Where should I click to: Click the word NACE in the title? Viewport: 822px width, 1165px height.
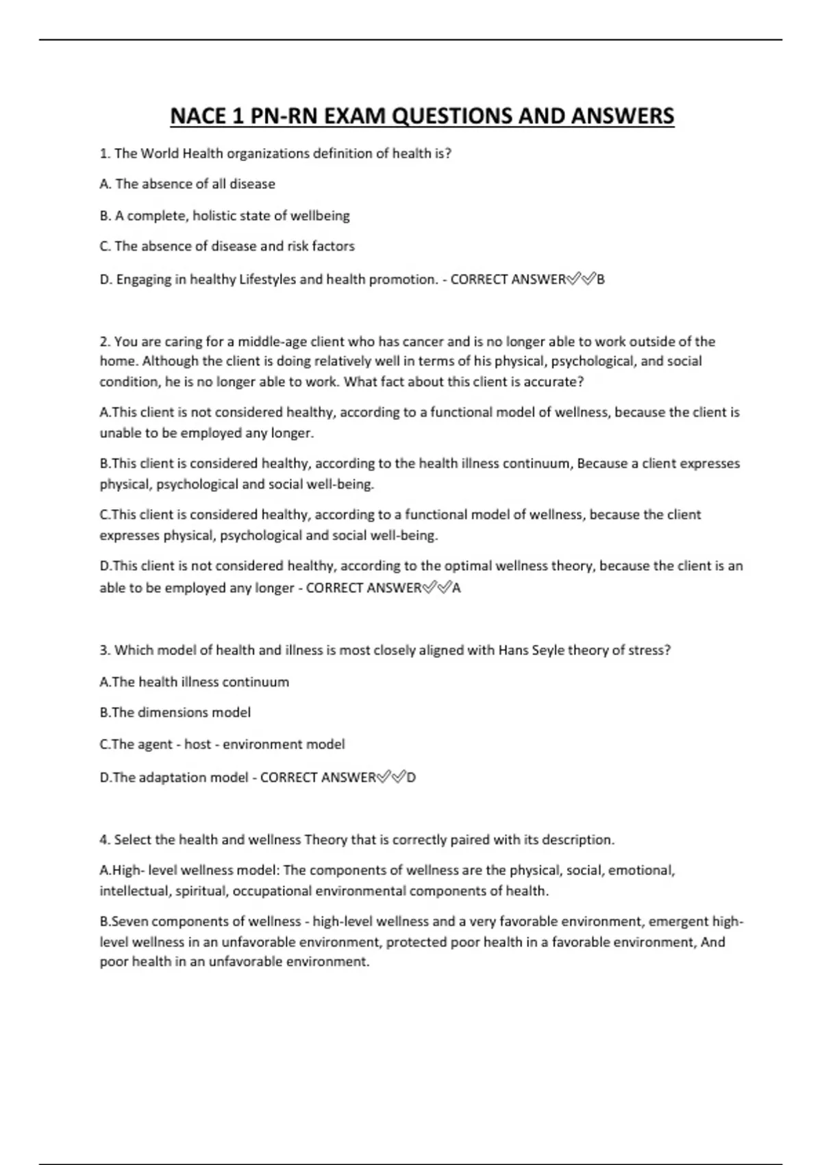click(x=198, y=116)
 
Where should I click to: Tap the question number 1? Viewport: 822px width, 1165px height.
click(x=104, y=154)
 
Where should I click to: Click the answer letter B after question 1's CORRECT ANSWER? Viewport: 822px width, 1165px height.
click(x=601, y=280)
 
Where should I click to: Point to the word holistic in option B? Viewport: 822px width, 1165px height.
click(x=217, y=216)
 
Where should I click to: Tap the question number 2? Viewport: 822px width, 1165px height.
click(x=104, y=341)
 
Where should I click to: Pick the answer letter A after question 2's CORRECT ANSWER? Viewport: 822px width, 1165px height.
click(x=457, y=588)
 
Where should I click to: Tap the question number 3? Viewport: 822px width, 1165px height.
click(x=104, y=650)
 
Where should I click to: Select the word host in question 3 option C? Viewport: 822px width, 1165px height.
click(x=198, y=744)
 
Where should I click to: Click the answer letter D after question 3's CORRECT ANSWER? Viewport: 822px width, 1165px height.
click(x=411, y=778)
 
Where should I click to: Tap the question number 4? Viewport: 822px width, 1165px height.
click(x=104, y=839)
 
